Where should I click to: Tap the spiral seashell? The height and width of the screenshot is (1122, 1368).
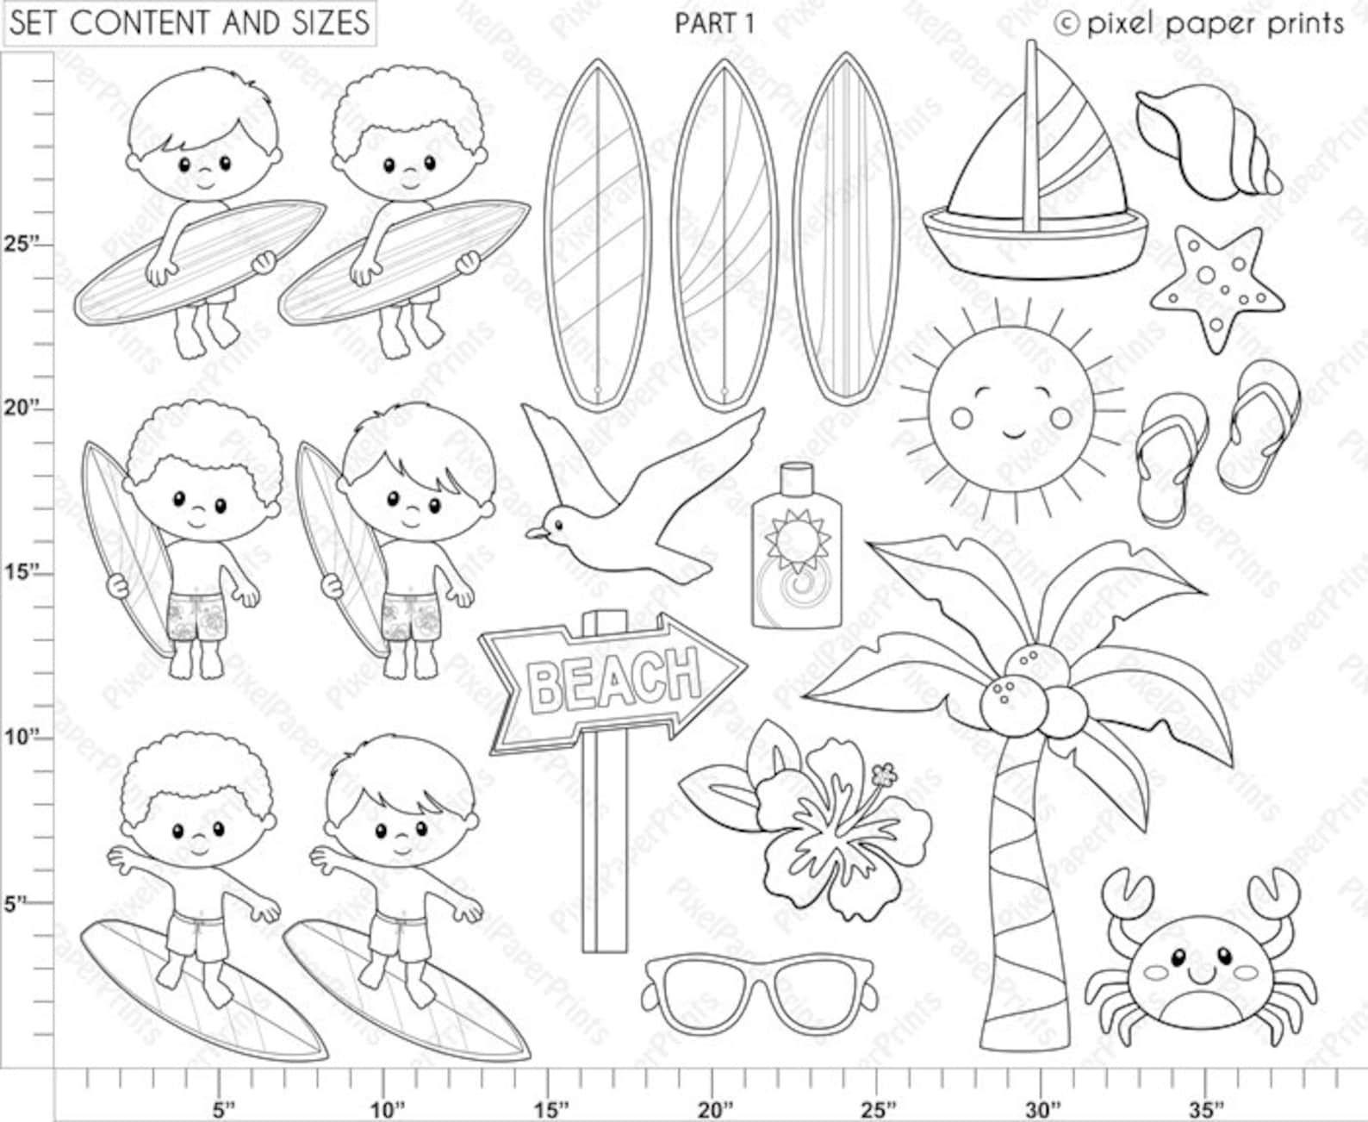pyautogui.click(x=1205, y=141)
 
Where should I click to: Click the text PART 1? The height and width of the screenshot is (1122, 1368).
pyautogui.click(x=714, y=24)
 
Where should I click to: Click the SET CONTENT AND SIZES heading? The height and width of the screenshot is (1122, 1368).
pyautogui.click(x=190, y=23)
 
